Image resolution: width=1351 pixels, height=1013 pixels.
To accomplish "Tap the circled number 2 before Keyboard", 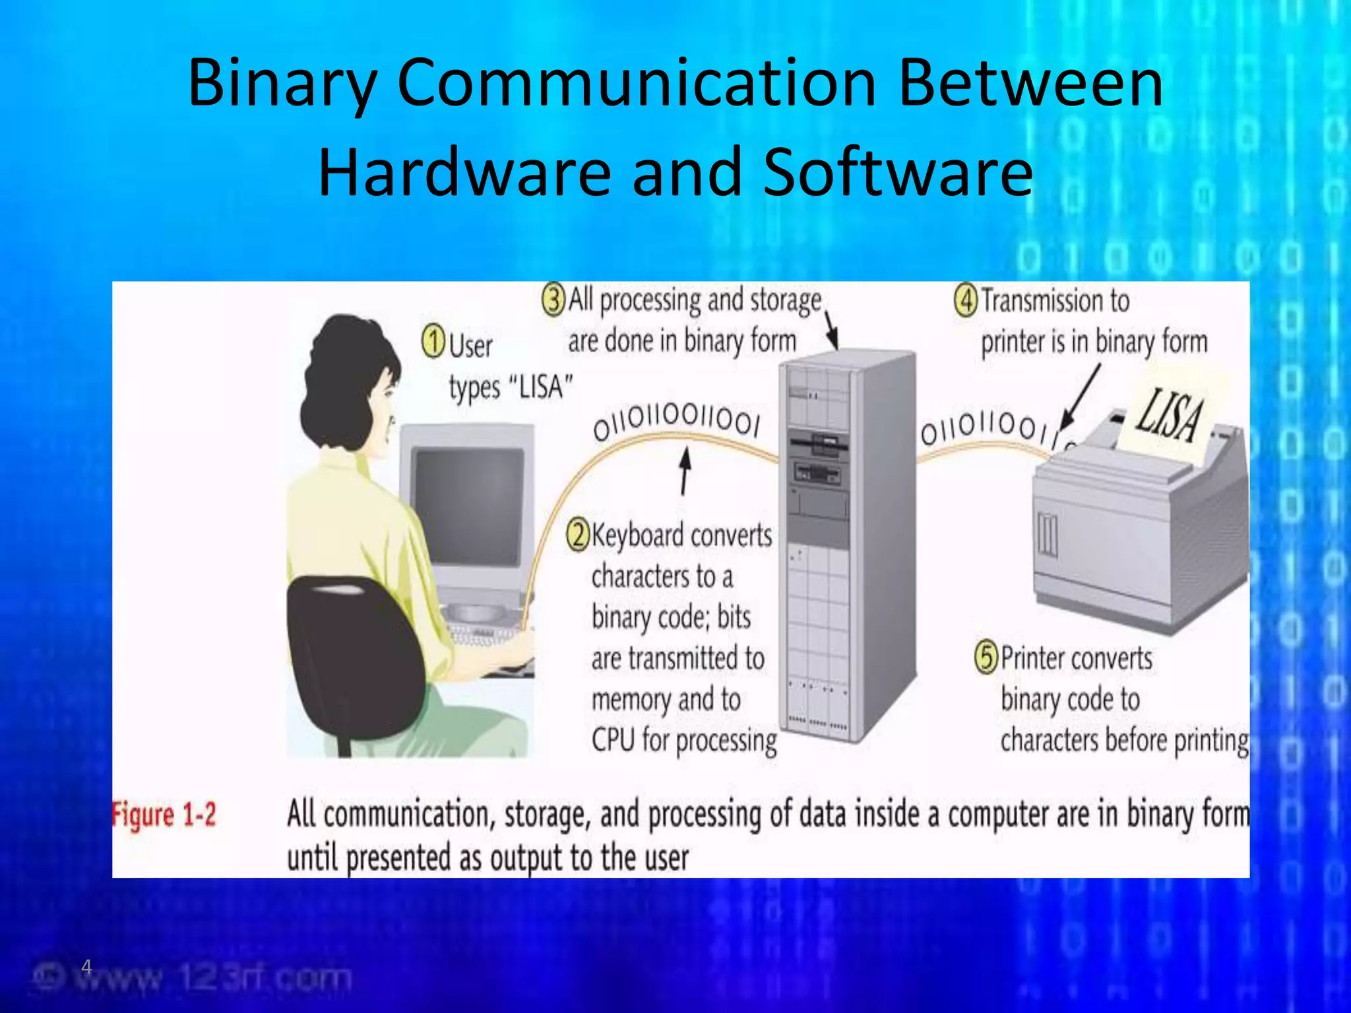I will [x=578, y=534].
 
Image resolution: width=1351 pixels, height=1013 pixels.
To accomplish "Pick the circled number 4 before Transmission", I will [x=966, y=300].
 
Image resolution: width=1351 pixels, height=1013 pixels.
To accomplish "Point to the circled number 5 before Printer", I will [x=987, y=658].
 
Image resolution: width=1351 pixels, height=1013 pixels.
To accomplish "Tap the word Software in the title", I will [x=898, y=171].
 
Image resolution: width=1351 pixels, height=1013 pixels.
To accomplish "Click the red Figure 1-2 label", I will [x=164, y=815].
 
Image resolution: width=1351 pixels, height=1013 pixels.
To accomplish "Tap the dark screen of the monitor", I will [x=467, y=505].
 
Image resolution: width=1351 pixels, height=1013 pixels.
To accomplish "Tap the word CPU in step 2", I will [x=613, y=740].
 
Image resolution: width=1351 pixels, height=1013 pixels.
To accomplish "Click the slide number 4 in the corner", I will [x=86, y=967].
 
